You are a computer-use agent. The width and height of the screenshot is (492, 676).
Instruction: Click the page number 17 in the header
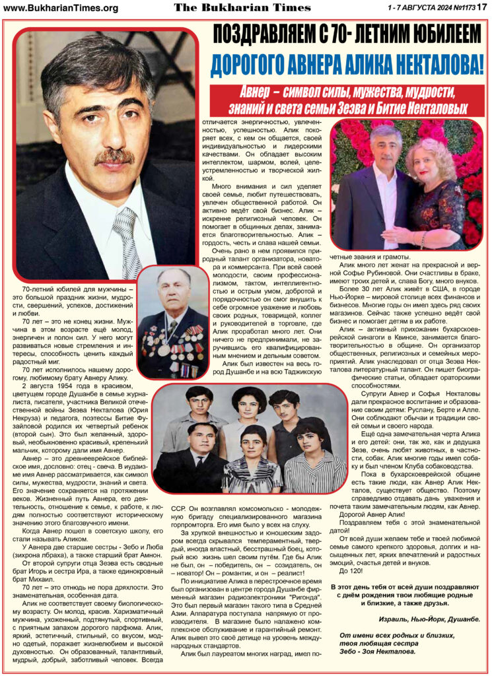[x=481, y=7]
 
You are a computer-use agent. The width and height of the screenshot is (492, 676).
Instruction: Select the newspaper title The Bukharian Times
[x=242, y=7]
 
